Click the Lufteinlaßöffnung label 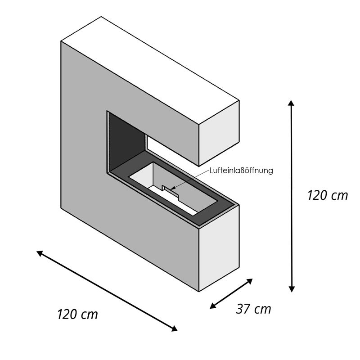point(241,171)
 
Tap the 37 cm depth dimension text point(253,309)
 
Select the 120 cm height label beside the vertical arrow point(328,195)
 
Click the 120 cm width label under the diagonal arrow point(77,314)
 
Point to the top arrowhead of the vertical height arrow point(291,103)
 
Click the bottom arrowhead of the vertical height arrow point(291,289)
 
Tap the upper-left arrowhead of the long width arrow point(39,253)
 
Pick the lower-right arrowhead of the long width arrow point(175,329)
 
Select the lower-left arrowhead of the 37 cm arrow point(212,306)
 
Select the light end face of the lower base point(219,248)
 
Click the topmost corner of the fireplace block point(101,17)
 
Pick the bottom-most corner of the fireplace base point(199,291)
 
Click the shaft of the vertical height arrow point(291,196)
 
